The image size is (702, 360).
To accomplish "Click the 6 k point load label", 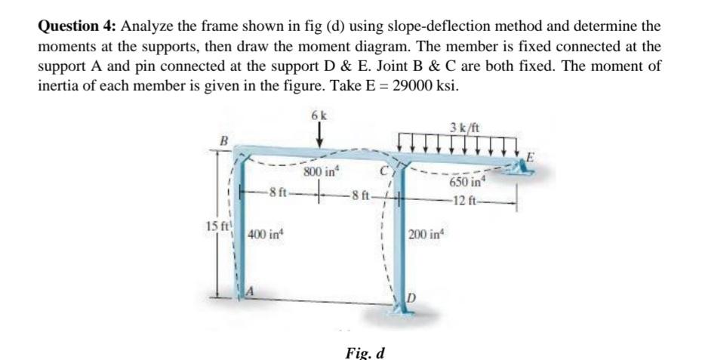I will [318, 115].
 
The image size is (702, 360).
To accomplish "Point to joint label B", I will [223, 140].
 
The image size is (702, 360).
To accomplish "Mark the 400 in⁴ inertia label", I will [264, 237].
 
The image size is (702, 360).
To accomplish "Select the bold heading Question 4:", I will [76, 26].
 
